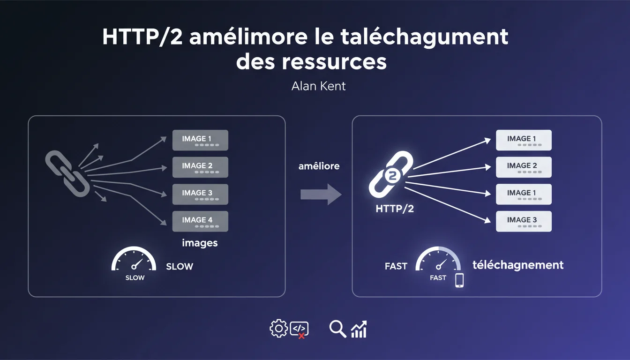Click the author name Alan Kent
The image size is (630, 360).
pyautogui.click(x=318, y=86)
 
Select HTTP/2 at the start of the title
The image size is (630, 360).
pyautogui.click(x=142, y=37)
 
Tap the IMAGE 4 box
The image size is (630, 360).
pyautogui.click(x=200, y=221)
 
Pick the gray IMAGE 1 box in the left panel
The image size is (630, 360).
pyautogui.click(x=200, y=140)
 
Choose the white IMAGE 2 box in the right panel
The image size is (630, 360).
pyautogui.click(x=524, y=167)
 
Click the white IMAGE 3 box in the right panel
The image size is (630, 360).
pyautogui.click(x=524, y=221)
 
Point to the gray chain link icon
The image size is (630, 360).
pyautogui.click(x=67, y=173)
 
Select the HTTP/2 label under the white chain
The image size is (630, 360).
pyautogui.click(x=395, y=209)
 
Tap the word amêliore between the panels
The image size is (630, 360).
pyautogui.click(x=319, y=166)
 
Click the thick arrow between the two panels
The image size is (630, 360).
pyautogui.click(x=321, y=195)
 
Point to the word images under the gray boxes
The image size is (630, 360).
pyautogui.click(x=200, y=243)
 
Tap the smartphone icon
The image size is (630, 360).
pyautogui.click(x=459, y=280)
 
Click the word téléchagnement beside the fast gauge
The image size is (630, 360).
pyautogui.click(x=518, y=265)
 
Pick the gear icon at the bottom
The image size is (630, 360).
pyautogui.click(x=278, y=328)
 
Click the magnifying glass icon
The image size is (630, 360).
pyautogui.click(x=337, y=329)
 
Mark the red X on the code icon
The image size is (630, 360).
pyautogui.click(x=301, y=336)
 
